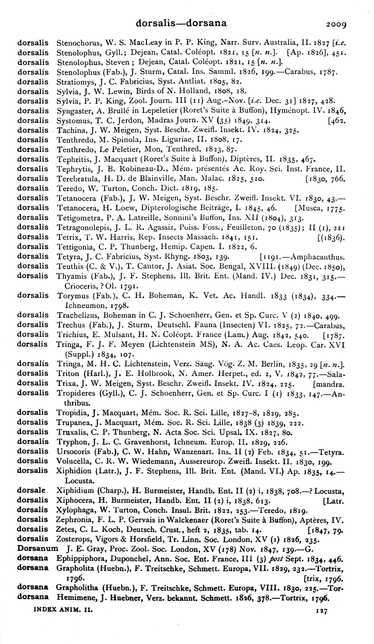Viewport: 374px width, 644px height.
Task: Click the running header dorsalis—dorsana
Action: click(181, 23)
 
